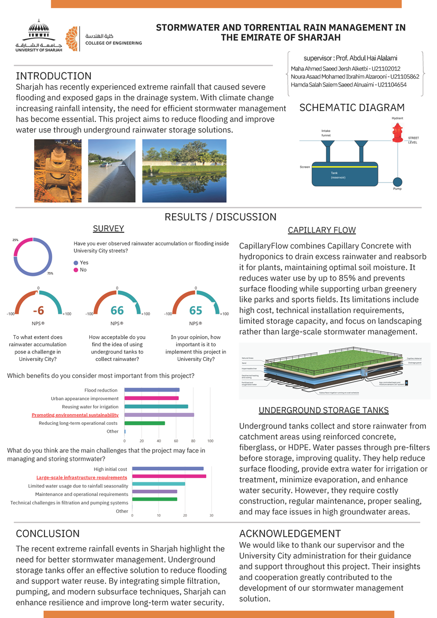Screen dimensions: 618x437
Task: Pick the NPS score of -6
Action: (x=38, y=309)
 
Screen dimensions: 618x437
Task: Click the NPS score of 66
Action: (x=117, y=309)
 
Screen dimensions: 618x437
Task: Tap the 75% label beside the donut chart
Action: (x=50, y=273)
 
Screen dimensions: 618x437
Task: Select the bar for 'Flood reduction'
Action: (x=152, y=390)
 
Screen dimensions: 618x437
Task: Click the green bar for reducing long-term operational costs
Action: (x=145, y=423)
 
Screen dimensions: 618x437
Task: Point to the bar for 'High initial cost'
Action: (x=168, y=469)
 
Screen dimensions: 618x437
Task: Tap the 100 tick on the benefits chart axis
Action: (x=210, y=440)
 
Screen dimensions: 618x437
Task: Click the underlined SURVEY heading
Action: (x=108, y=229)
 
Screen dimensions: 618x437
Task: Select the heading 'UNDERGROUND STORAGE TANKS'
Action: (x=324, y=410)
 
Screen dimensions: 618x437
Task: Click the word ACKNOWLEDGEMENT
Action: (x=290, y=533)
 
